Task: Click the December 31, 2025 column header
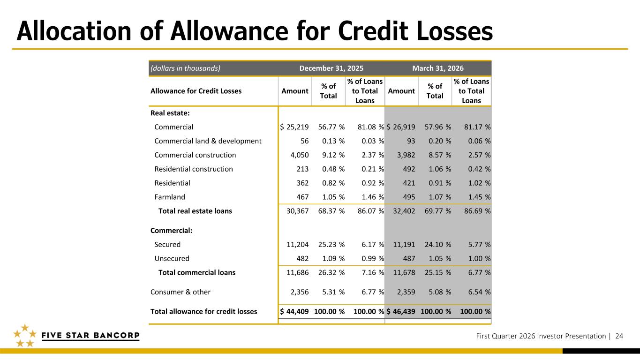(x=331, y=68)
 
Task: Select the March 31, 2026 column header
(x=437, y=68)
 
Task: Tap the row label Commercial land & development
(x=208, y=141)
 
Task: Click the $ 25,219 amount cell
(x=294, y=127)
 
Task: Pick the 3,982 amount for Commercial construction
(x=403, y=155)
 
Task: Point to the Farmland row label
(x=170, y=197)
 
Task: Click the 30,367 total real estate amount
(x=297, y=211)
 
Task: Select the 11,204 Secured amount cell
(x=297, y=244)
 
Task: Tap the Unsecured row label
(x=172, y=258)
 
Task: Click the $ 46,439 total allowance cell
(x=401, y=311)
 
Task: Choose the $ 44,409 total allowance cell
(x=294, y=311)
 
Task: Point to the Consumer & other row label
(x=181, y=292)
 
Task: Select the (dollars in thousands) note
(x=185, y=68)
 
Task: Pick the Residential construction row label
(x=194, y=169)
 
